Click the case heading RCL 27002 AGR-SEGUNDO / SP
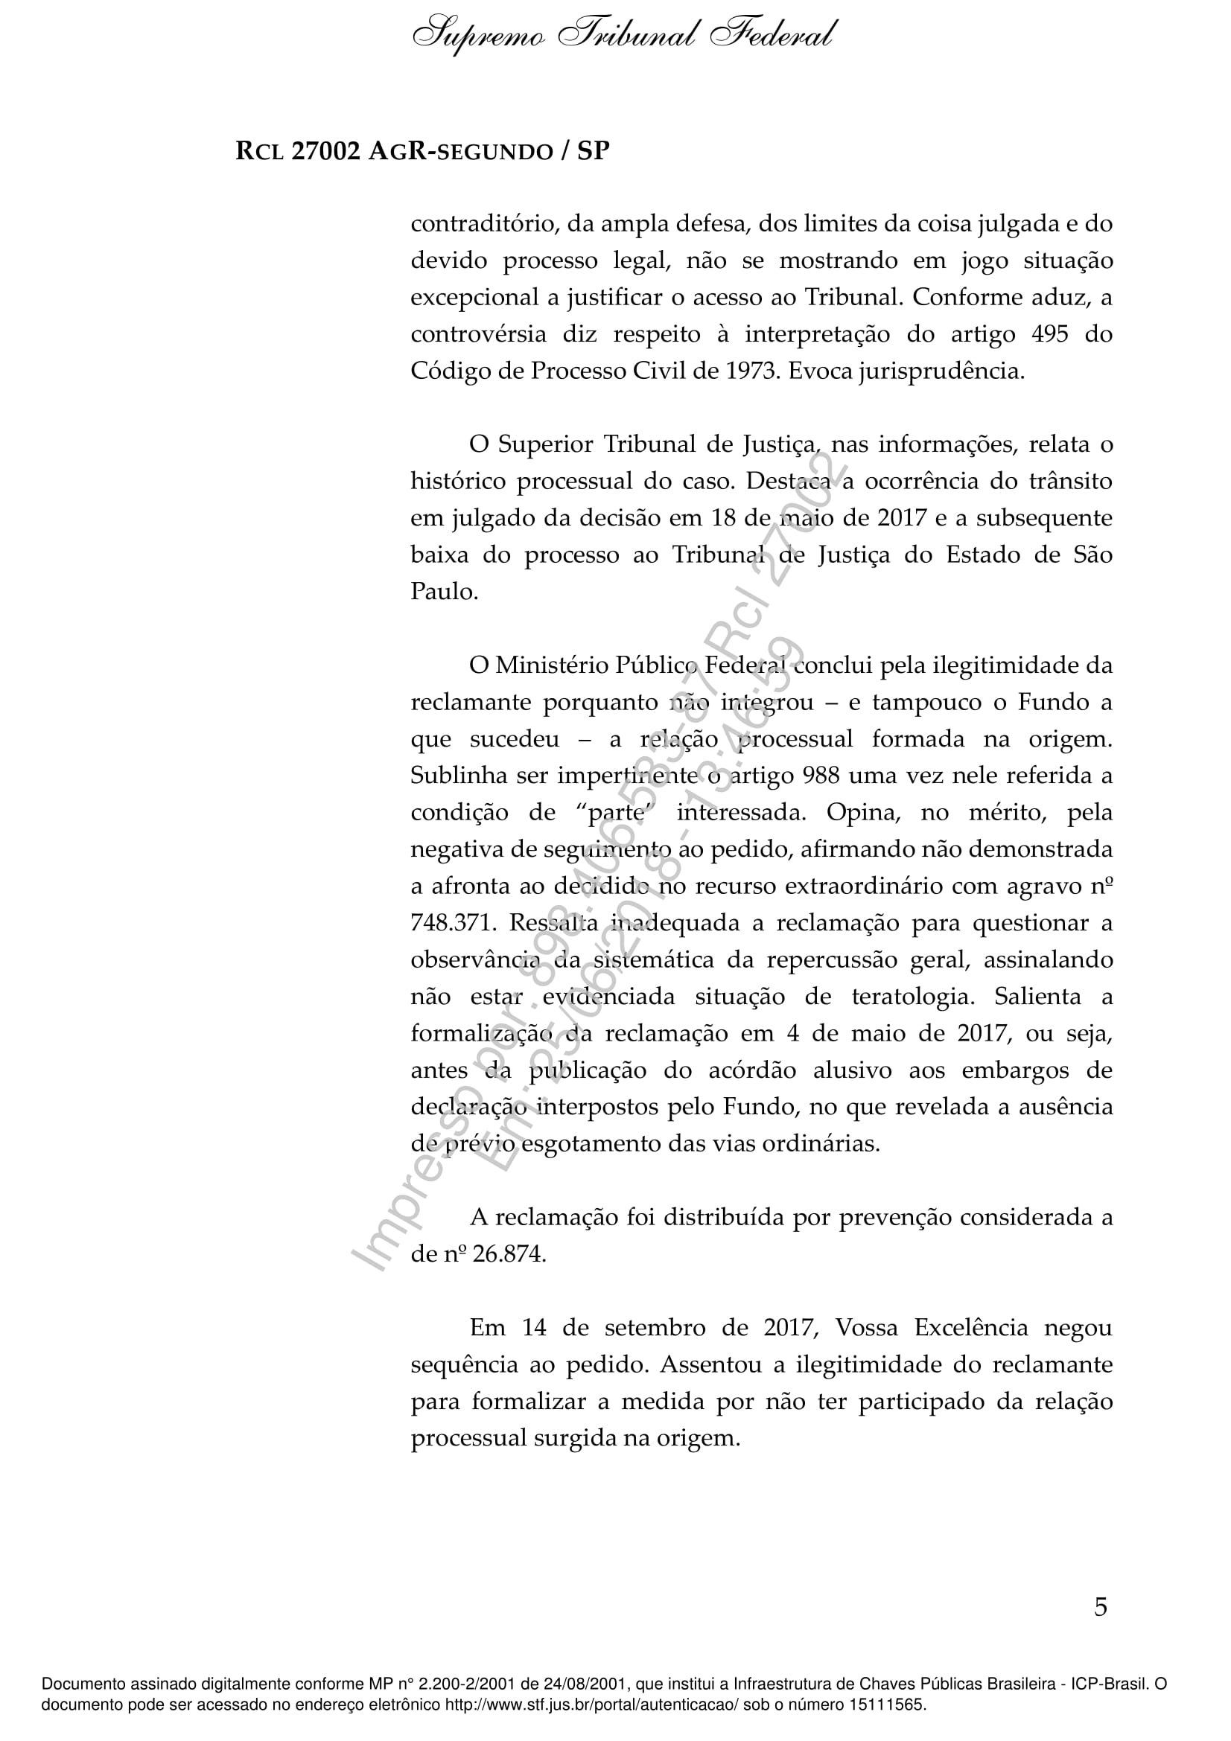422,152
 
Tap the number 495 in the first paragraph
1050,333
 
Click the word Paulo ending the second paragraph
444,592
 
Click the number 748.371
453,923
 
